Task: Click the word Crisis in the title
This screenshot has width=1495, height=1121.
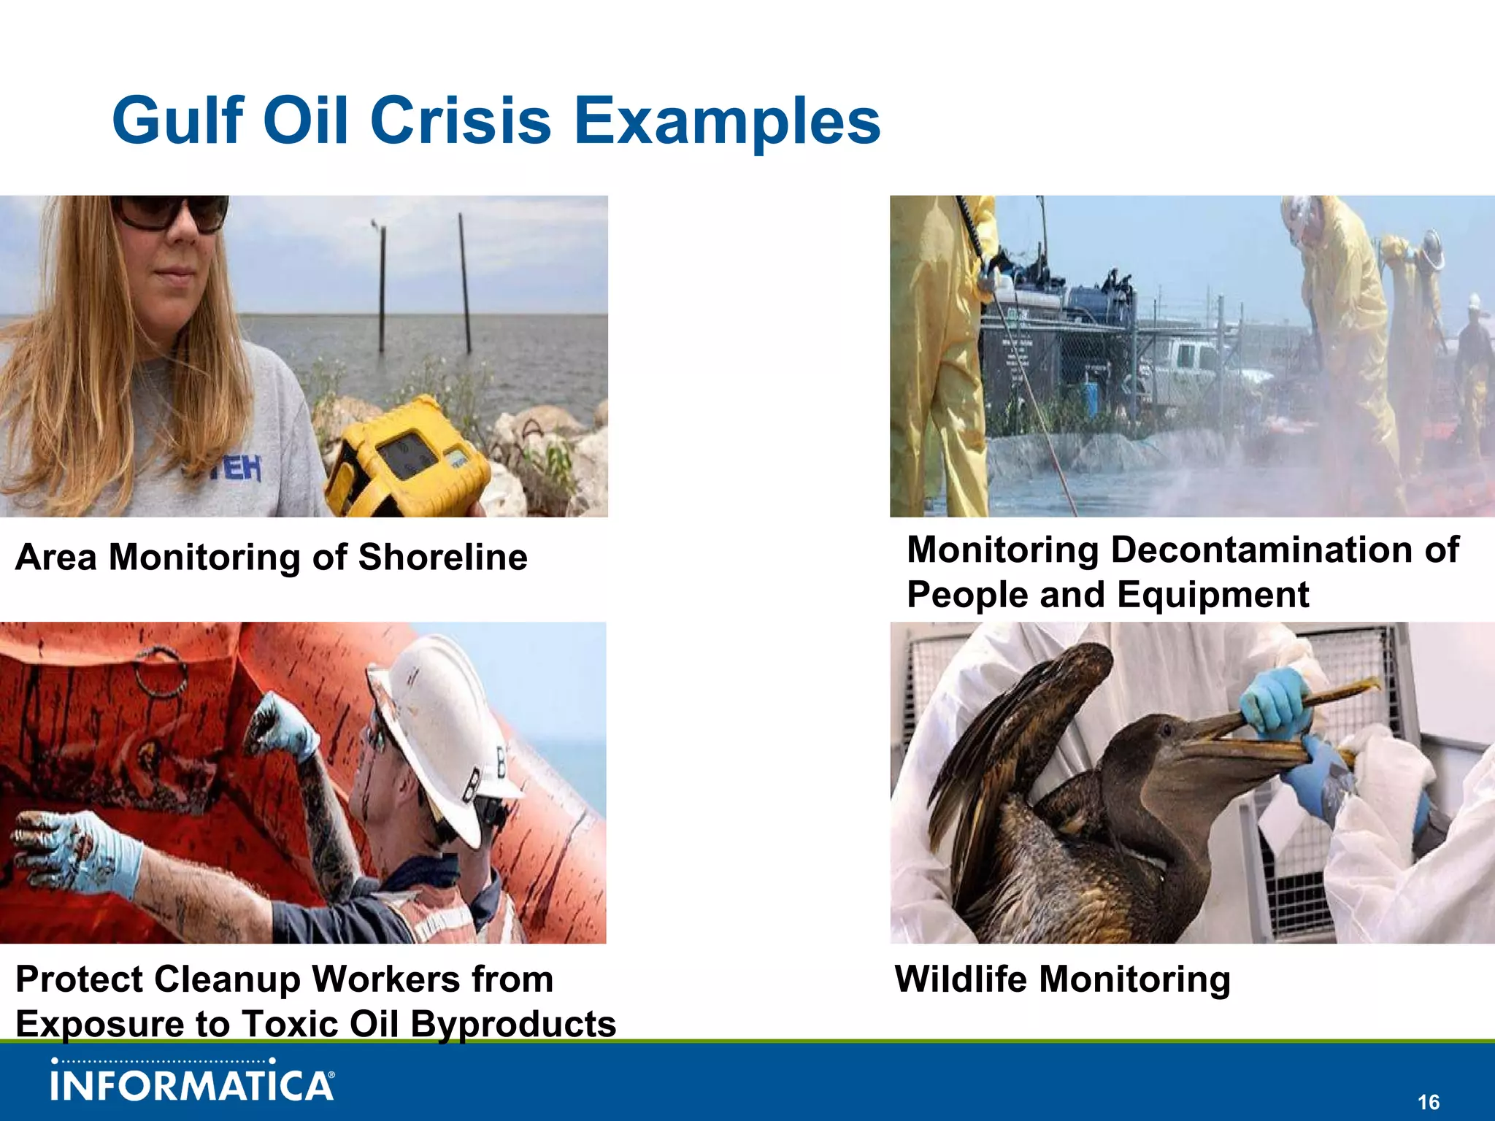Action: (x=460, y=120)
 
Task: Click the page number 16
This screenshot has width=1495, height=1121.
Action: (x=1429, y=1102)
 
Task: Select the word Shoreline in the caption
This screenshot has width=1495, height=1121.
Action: (x=442, y=558)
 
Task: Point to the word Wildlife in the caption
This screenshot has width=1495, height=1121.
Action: (x=959, y=979)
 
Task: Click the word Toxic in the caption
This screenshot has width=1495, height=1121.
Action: (x=289, y=1023)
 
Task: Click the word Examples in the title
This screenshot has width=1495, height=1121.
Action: (x=727, y=120)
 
